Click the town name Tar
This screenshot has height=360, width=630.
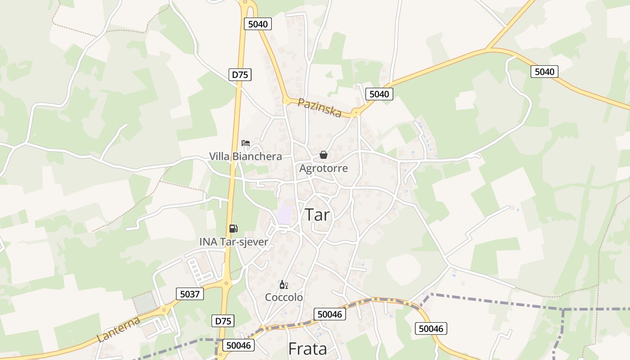tap(318, 215)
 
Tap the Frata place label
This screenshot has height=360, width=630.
tap(307, 349)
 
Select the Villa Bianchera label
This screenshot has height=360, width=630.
tap(245, 157)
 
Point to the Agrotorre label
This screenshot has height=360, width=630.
tap(324, 168)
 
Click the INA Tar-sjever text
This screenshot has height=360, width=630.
tap(234, 242)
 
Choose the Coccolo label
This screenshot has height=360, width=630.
tap(283, 297)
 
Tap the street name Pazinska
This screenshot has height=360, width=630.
tap(319, 108)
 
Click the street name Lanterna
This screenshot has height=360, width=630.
tap(118, 330)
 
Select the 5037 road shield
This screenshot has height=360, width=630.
tap(189, 294)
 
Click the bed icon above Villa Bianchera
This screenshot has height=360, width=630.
tap(245, 143)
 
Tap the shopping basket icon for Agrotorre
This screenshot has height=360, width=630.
tap(323, 155)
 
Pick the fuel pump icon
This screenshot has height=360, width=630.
tap(233, 229)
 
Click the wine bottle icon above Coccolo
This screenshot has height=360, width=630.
tap(283, 284)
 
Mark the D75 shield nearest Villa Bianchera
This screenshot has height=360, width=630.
tap(240, 75)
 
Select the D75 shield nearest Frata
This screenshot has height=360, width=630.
tap(223, 321)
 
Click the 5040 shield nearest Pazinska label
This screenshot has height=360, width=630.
tap(379, 94)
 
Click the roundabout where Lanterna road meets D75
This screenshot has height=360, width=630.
tap(226, 283)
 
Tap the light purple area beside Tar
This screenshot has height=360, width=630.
tap(284, 212)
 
